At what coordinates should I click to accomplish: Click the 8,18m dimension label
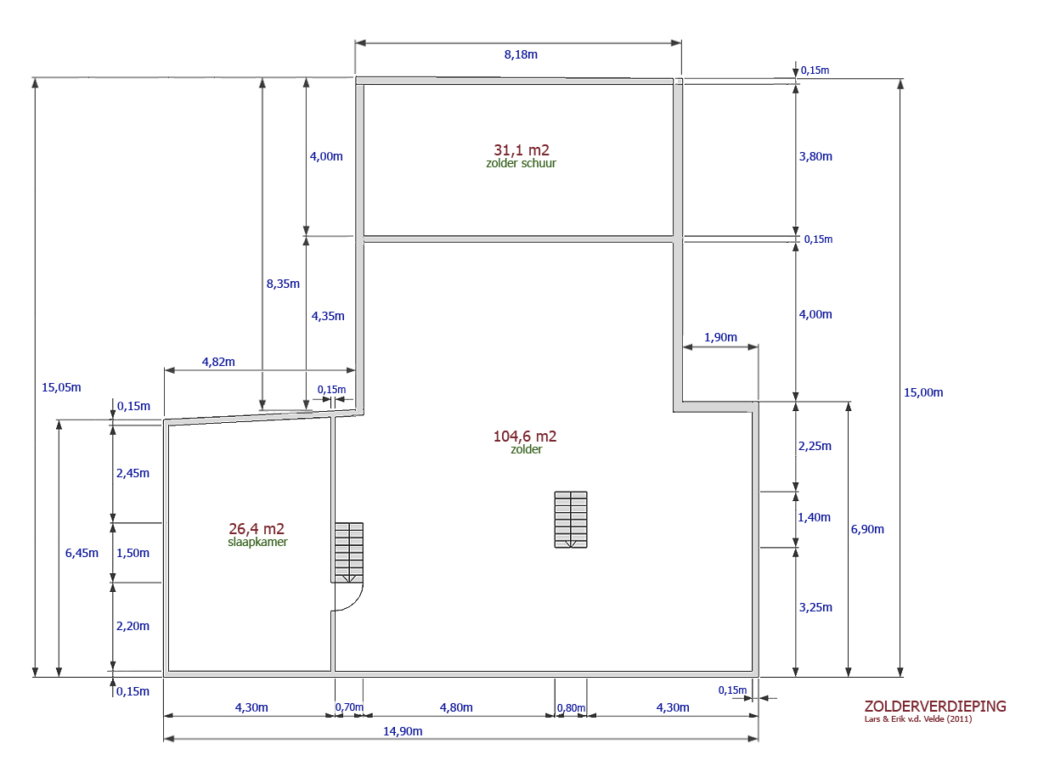tap(521, 54)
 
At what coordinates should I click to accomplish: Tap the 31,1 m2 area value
tap(522, 150)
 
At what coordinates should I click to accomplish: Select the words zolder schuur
tap(521, 163)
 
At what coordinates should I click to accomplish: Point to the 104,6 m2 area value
tap(525, 437)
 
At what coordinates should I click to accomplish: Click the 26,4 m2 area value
tap(257, 529)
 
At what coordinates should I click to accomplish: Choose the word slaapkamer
tap(257, 542)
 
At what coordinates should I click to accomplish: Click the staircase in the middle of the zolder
tap(571, 520)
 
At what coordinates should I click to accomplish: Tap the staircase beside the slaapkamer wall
tap(349, 553)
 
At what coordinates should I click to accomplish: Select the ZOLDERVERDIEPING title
tap(935, 707)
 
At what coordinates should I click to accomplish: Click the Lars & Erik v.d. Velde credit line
tap(918, 719)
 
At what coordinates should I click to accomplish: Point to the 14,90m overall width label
tap(403, 731)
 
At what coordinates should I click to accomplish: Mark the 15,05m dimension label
tap(61, 387)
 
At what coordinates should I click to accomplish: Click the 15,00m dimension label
tap(923, 392)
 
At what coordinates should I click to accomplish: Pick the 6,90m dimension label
tap(867, 529)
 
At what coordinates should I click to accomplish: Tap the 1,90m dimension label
tap(720, 338)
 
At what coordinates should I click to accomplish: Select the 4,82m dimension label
tap(218, 362)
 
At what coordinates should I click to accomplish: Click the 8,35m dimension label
tap(283, 284)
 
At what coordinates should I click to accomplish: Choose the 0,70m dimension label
tap(349, 707)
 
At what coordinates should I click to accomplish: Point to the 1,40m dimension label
tap(814, 517)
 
